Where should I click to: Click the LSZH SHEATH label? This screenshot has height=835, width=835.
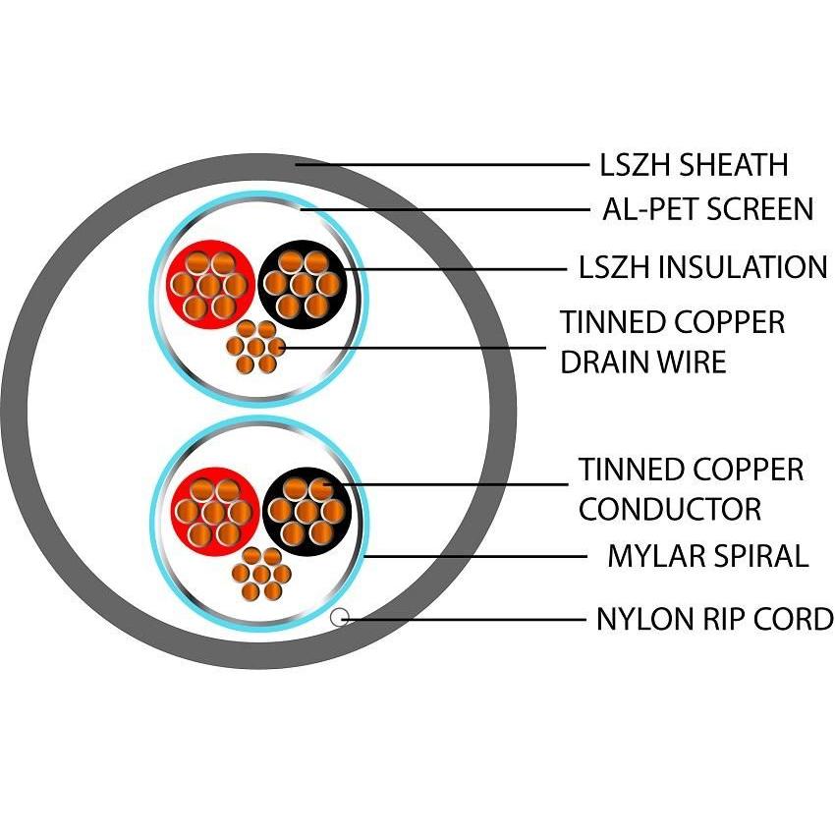click(x=694, y=164)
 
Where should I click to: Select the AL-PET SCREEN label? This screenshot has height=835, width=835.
click(x=707, y=208)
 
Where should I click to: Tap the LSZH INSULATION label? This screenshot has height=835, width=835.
click(x=703, y=266)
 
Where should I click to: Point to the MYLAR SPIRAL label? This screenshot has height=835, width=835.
click(x=707, y=556)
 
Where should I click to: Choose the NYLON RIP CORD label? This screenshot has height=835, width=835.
click(x=714, y=620)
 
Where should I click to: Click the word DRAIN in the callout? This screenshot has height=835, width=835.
click(x=600, y=362)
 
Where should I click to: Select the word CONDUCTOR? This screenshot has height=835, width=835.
click(x=669, y=509)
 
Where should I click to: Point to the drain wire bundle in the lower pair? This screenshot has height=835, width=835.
click(x=260, y=572)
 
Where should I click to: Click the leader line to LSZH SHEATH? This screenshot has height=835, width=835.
click(x=442, y=164)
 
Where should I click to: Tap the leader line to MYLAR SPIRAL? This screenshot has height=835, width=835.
click(x=472, y=556)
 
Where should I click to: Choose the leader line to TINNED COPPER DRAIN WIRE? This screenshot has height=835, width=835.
click(x=413, y=347)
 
